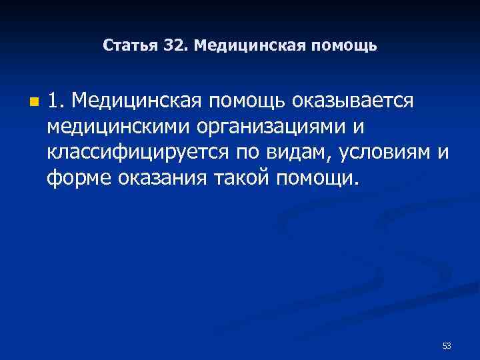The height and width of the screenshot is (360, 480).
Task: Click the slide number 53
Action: (x=447, y=346)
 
